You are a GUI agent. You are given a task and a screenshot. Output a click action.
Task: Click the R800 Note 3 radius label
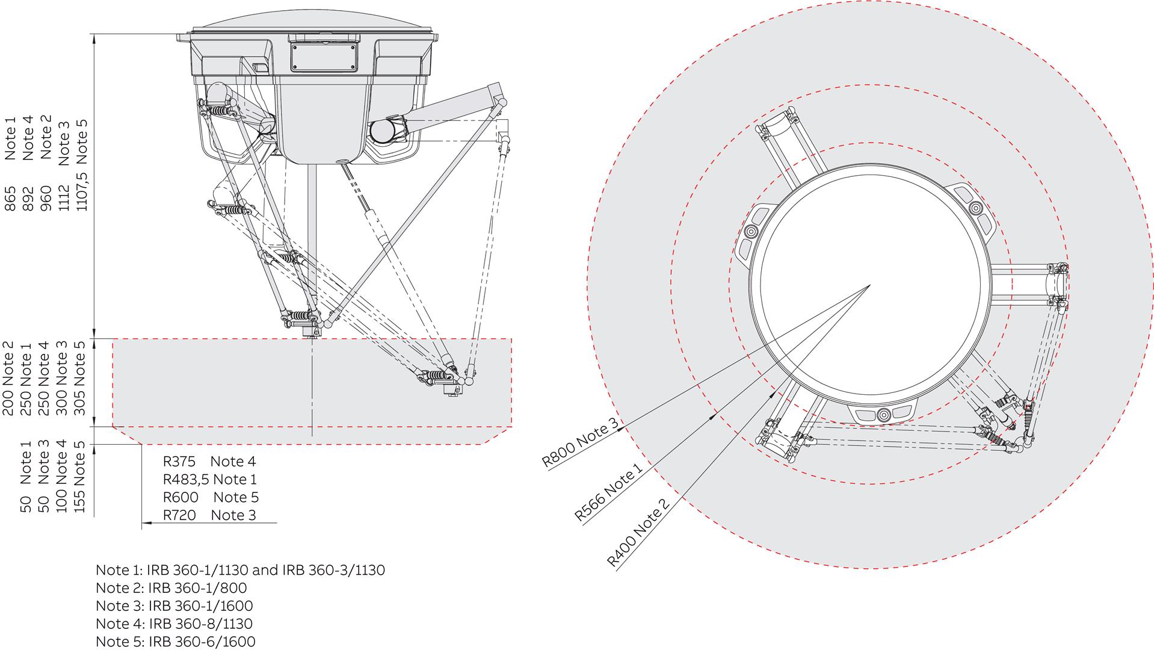tap(581, 442)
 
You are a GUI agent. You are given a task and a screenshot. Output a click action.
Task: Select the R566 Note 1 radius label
tap(608, 492)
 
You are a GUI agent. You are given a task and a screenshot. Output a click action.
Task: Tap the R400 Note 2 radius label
tap(638, 533)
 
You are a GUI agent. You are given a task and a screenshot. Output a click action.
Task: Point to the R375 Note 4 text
tap(209, 462)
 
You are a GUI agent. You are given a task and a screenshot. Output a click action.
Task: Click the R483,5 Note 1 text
tap(209, 480)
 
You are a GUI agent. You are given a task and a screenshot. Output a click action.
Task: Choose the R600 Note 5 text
tap(211, 497)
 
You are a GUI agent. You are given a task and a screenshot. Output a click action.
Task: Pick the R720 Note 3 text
tap(209, 515)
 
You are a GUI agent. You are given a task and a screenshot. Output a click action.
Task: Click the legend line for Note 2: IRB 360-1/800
tap(171, 587)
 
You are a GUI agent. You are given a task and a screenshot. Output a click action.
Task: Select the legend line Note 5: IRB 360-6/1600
tap(176, 642)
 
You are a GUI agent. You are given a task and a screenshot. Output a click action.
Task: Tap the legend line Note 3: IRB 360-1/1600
tap(174, 605)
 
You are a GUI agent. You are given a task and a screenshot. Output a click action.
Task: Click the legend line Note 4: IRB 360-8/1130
tap(174, 624)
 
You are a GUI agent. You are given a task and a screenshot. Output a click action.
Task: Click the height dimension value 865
tap(10, 199)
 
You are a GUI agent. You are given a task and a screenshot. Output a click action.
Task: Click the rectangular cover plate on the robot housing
tap(324, 58)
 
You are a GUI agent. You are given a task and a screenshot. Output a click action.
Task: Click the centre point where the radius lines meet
tap(871, 285)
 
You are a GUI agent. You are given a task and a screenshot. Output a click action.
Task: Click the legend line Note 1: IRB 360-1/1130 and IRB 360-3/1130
tap(240, 570)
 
